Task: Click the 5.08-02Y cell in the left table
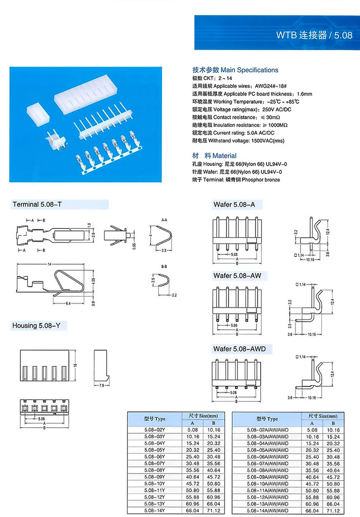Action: coord(154,430)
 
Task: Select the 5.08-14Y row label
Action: coord(154,511)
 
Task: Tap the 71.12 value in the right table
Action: coord(333,511)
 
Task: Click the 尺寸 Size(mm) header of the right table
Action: coord(322,416)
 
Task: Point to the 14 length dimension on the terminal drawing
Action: coord(50,264)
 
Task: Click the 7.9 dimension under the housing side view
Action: coord(102,386)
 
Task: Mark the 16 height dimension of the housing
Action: coord(76,366)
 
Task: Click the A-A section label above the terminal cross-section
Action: coord(164,220)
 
